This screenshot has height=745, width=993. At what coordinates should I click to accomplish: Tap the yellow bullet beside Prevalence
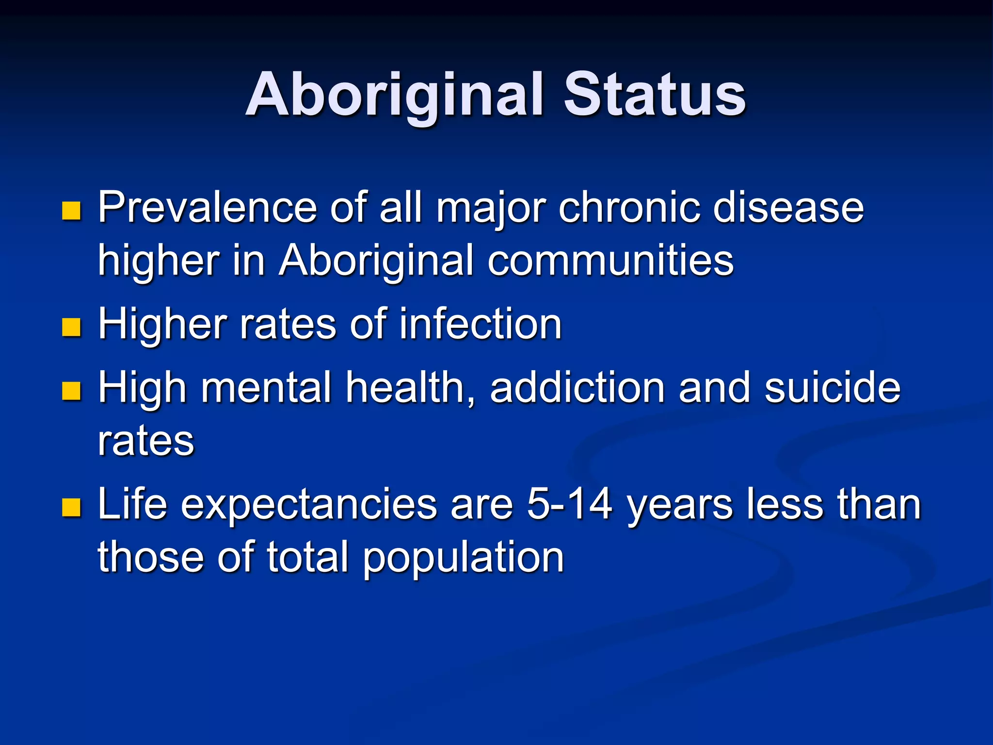point(71,211)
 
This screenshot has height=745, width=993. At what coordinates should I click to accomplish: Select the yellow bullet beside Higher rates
point(71,327)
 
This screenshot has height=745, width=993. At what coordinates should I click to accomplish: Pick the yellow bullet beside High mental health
point(71,391)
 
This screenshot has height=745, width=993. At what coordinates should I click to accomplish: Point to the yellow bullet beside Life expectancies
point(71,507)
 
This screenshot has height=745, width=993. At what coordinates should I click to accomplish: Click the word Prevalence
point(208,208)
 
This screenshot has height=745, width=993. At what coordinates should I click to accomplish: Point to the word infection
point(480,324)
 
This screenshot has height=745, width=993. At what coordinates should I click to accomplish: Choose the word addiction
point(577,388)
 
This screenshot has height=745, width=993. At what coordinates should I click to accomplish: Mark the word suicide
point(832,388)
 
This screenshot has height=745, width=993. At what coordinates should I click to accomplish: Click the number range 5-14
point(569,504)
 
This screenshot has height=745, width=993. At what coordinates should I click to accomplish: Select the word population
point(463,558)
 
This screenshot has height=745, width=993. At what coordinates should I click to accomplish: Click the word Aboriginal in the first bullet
point(376,260)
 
